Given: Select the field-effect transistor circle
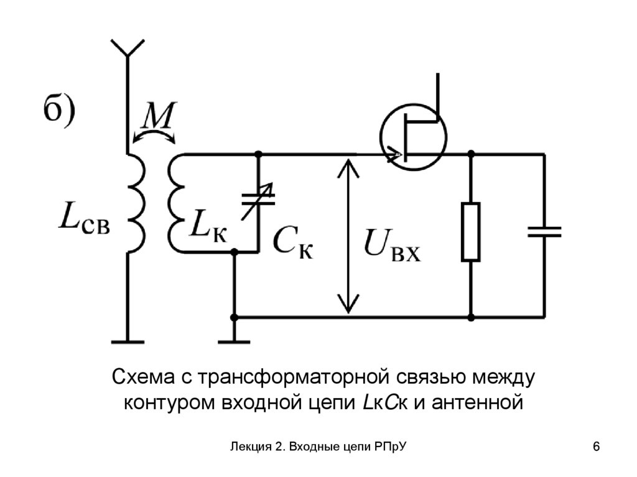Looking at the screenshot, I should tap(413, 136).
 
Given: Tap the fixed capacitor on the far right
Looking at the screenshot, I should tap(544, 232).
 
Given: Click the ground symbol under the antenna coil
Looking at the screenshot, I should tap(128, 341).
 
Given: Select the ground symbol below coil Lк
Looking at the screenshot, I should tap(234, 341).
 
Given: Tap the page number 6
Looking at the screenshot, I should tap(597, 447).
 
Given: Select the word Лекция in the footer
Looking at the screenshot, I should tap(248, 447).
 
